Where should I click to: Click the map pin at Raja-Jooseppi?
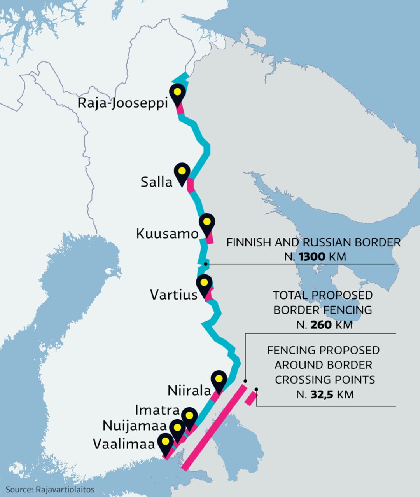tap(178, 94)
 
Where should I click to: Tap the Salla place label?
tap(156, 181)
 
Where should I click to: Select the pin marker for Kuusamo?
tap(207, 223)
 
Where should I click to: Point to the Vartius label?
tap(174, 295)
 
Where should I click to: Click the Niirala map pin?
tap(219, 380)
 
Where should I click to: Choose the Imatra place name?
tap(157, 410)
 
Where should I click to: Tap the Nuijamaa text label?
tap(135, 426)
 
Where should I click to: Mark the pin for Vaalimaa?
tap(166, 443)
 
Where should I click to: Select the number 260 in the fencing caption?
tap(321, 324)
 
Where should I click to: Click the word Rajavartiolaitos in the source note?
tap(65, 490)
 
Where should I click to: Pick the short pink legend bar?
tap(251, 399)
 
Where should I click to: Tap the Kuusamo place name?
tap(167, 234)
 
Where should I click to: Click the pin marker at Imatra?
tap(189, 417)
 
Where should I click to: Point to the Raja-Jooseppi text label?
tap(122, 103)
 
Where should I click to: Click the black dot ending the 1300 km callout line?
tap(206, 264)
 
